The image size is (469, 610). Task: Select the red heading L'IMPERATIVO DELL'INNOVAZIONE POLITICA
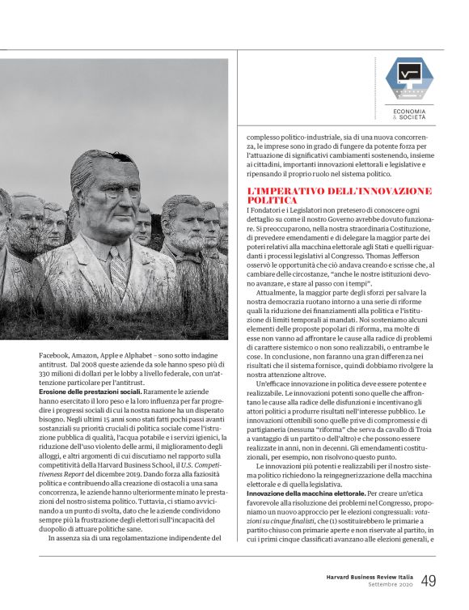click(340, 195)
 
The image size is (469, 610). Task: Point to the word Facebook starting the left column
click(55, 354)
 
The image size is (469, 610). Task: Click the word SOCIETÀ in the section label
click(418, 116)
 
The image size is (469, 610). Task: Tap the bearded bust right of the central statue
click(180, 222)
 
